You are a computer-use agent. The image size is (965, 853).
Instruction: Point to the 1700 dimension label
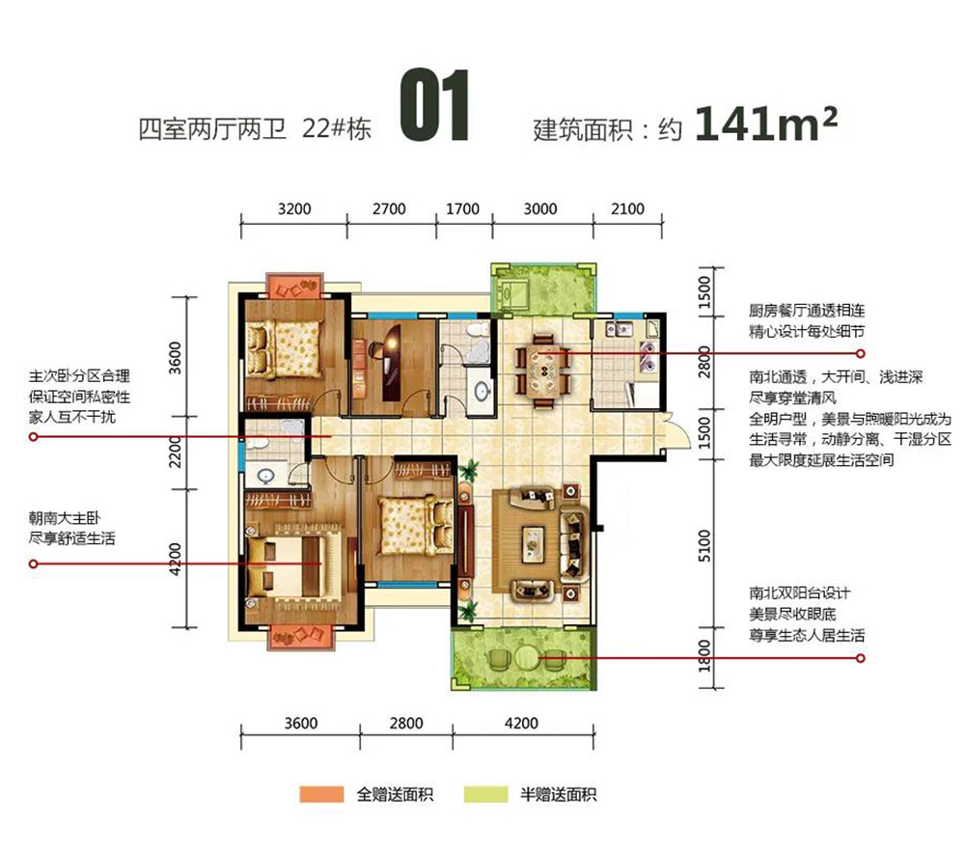(x=463, y=208)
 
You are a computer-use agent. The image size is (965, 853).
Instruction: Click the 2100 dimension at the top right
(x=627, y=208)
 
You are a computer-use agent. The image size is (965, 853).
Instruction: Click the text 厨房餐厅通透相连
(x=806, y=312)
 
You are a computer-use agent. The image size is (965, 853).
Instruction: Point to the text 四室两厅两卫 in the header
(x=214, y=129)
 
